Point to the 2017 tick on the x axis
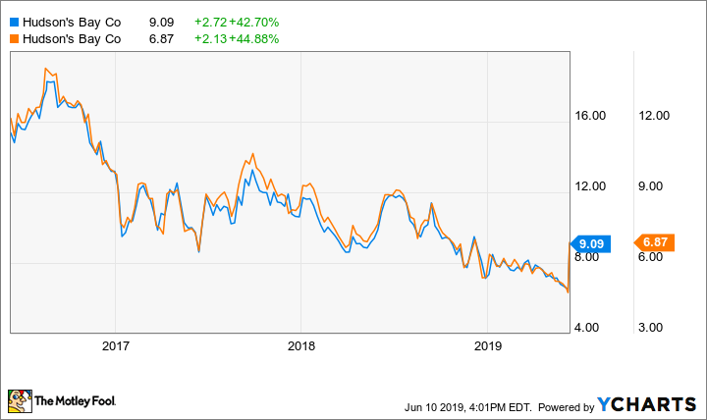click(x=115, y=345)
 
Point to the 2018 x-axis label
click(x=300, y=345)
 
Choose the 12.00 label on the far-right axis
click(x=654, y=116)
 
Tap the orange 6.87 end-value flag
click(x=654, y=241)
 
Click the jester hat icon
click(x=18, y=400)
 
